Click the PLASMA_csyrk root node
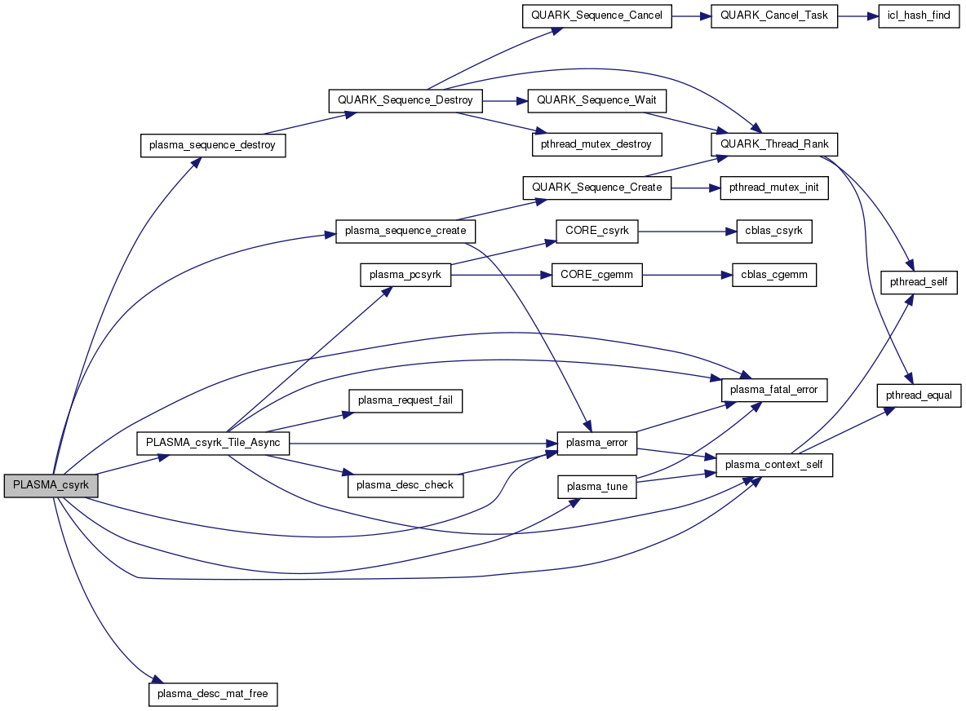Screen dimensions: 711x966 pyautogui.click(x=51, y=485)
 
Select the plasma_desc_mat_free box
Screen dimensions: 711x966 pyautogui.click(x=213, y=694)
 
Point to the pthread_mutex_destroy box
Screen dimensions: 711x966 pyautogui.click(x=596, y=144)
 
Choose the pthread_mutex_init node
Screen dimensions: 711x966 pyautogui.click(x=774, y=188)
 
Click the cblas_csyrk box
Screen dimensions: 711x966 pyautogui.click(x=773, y=231)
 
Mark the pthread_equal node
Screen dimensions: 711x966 pyautogui.click(x=919, y=395)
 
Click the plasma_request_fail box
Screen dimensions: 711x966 pyautogui.click(x=405, y=400)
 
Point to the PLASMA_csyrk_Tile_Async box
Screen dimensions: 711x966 pyautogui.click(x=213, y=443)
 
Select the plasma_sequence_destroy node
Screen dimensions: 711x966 pyautogui.click(x=213, y=145)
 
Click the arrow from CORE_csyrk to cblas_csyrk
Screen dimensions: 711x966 pyautogui.click(x=686, y=231)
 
